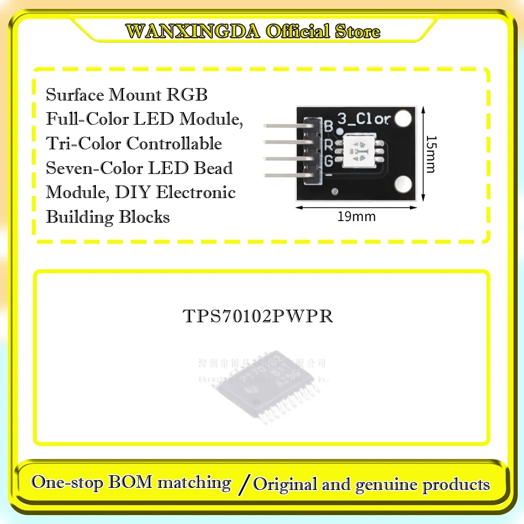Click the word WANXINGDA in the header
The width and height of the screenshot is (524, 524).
pyautogui.click(x=193, y=31)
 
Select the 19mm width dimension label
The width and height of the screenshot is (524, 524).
pyautogui.click(x=356, y=216)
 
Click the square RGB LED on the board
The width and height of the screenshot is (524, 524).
pyautogui.click(x=357, y=150)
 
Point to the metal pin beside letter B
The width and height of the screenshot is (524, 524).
pyautogui.click(x=286, y=126)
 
